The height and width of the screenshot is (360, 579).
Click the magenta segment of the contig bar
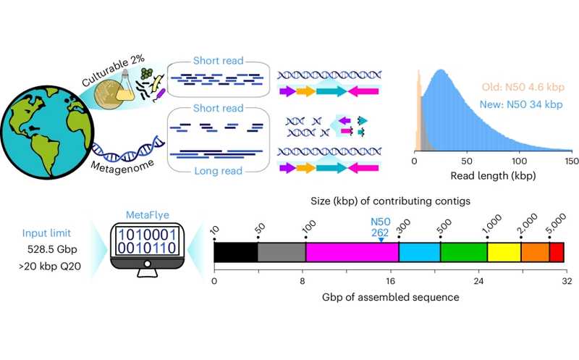(x=352, y=252)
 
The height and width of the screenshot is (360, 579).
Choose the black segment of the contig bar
(x=236, y=252)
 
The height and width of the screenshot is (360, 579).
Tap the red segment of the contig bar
(x=557, y=252)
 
